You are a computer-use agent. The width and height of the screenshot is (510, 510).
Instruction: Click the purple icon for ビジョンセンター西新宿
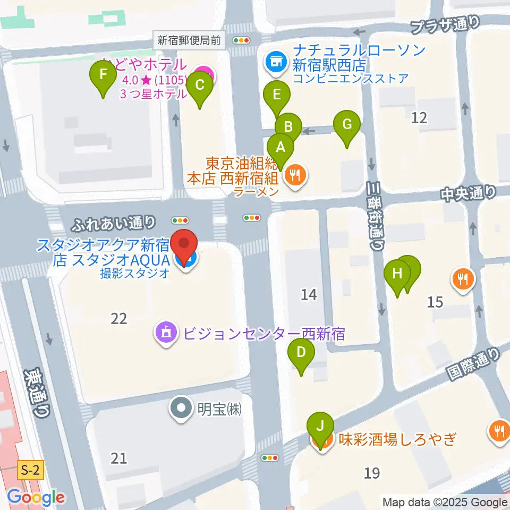point(166,333)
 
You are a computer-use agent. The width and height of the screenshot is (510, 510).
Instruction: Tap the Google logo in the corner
point(36,498)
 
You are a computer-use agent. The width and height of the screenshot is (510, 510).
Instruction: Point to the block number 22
point(119,318)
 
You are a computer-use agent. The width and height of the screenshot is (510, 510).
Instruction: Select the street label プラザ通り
point(445,24)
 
